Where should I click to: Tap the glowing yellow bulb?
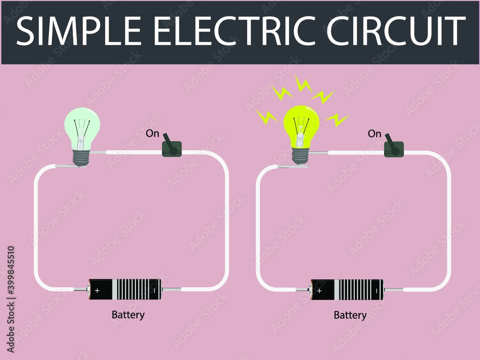point(301,126)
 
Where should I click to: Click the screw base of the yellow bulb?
point(301,156)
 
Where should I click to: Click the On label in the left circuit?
point(152,133)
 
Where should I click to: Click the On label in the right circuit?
point(374,134)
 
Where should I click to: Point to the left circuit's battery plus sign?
point(97,290)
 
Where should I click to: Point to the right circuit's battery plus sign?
point(319,290)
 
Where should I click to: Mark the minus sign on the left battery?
point(154,290)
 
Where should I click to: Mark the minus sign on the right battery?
point(377,290)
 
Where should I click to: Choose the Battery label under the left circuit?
point(128,315)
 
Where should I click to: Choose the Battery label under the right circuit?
point(350,315)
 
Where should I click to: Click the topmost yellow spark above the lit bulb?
point(303,84)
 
